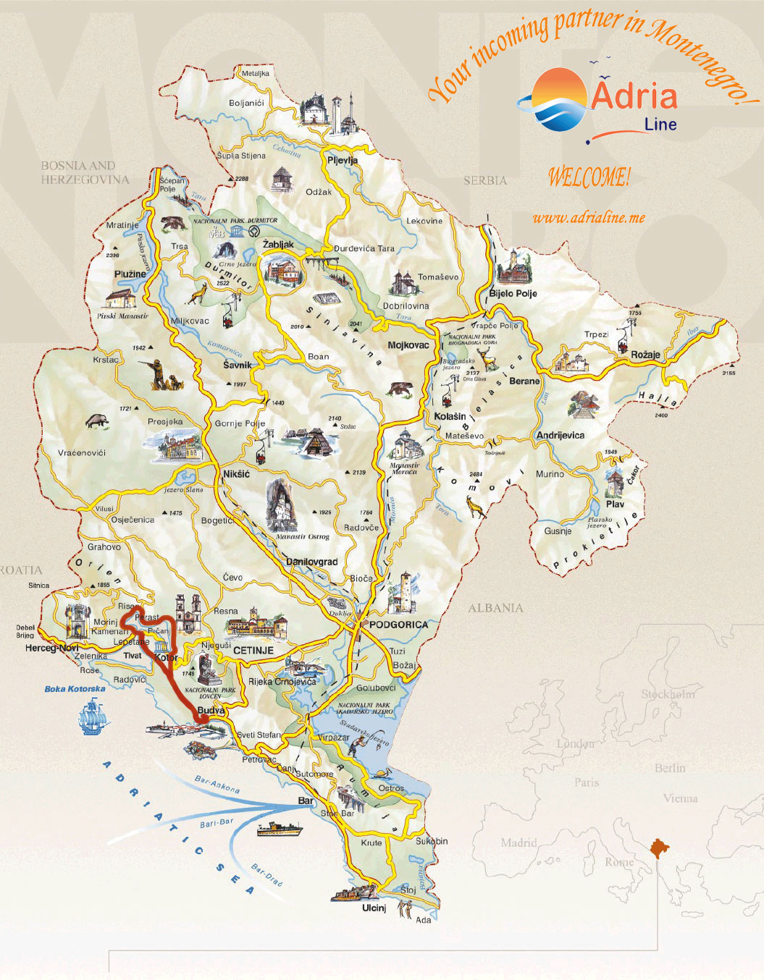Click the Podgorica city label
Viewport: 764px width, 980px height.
coord(398,624)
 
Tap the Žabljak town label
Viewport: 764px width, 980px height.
coord(278,245)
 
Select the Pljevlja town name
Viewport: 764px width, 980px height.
coord(343,160)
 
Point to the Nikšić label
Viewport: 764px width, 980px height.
coord(236,474)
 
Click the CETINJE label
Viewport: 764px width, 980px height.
coord(253,651)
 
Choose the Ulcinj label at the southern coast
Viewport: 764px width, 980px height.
coord(374,908)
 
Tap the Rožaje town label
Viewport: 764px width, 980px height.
coord(645,355)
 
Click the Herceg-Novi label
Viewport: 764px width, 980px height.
coord(51,648)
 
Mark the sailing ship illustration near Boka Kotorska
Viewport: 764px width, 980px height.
coord(93,716)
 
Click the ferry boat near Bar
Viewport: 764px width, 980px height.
coord(279,828)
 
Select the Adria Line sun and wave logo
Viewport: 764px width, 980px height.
coord(558,100)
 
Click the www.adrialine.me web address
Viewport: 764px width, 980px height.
coord(588,218)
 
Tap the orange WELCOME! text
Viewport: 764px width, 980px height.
coord(588,177)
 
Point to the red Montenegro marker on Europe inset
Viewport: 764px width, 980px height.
coord(660,848)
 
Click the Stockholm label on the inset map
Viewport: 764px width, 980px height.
coord(668,694)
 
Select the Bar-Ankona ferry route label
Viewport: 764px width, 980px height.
coord(217,784)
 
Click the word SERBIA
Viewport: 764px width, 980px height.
coord(485,180)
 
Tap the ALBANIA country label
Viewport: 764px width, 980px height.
coord(495,608)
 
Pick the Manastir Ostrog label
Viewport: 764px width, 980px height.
coord(303,536)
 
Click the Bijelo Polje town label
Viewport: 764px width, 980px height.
coord(513,293)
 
